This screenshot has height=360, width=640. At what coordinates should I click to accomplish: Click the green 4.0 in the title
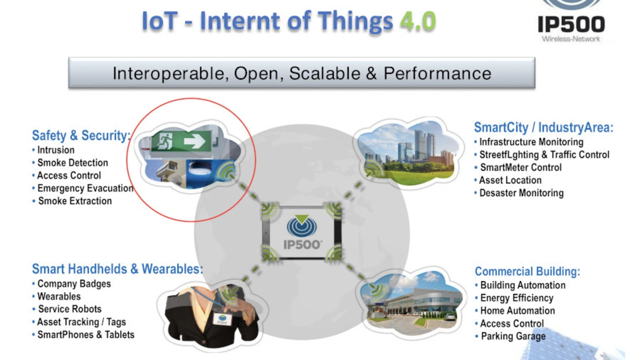pos(418,21)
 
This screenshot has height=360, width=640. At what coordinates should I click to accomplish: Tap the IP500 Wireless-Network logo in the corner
pos(571,21)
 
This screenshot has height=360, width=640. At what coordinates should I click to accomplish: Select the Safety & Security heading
pos(81,135)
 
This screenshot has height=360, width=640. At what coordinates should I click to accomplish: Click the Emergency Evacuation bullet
pos(83,188)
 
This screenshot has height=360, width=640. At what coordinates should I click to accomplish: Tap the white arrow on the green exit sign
pos(194,141)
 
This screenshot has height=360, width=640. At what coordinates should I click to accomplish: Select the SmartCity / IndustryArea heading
pos(543,127)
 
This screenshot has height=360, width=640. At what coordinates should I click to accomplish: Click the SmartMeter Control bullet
pos(518,167)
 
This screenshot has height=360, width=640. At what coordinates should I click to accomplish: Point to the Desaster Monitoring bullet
pos(519,193)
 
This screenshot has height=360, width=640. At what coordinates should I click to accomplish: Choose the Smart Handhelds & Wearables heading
pos(117,269)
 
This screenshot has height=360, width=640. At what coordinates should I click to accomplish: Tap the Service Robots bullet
pos(67,309)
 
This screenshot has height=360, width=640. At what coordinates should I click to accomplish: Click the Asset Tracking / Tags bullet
pos(79,322)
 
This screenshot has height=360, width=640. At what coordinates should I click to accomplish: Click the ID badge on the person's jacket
pos(222,319)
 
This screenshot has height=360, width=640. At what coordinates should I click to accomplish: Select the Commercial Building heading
pos(527,271)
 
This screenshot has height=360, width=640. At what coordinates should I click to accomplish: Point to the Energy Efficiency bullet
pos(514,298)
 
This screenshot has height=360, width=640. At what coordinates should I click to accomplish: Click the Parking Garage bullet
pos(510,336)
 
